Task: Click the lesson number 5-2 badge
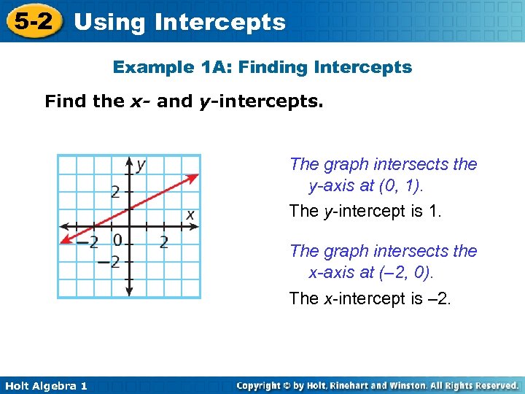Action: tap(34, 21)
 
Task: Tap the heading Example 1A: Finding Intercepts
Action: tap(262, 68)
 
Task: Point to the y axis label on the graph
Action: tap(140, 164)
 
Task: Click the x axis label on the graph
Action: tap(190, 215)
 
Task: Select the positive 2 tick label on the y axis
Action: tap(116, 193)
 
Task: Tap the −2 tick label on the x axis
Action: tap(87, 242)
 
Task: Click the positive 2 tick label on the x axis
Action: tap(163, 242)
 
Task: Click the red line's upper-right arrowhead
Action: tap(195, 175)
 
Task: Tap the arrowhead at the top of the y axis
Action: tap(129, 161)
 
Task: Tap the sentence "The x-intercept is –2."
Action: tap(370, 298)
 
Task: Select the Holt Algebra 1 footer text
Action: tap(44, 386)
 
